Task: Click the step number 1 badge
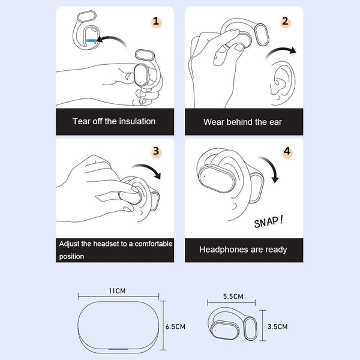pyautogui.click(x=156, y=22)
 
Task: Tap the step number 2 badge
pyautogui.click(x=285, y=22)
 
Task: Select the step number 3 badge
pyautogui.click(x=156, y=152)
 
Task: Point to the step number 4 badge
pyautogui.click(x=287, y=152)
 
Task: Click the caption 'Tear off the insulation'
pyautogui.click(x=114, y=121)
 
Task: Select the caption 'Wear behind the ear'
pyautogui.click(x=242, y=122)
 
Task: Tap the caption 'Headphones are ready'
pyautogui.click(x=243, y=249)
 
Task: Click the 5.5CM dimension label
pyautogui.click(x=232, y=296)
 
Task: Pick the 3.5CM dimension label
pyautogui.click(x=277, y=326)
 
